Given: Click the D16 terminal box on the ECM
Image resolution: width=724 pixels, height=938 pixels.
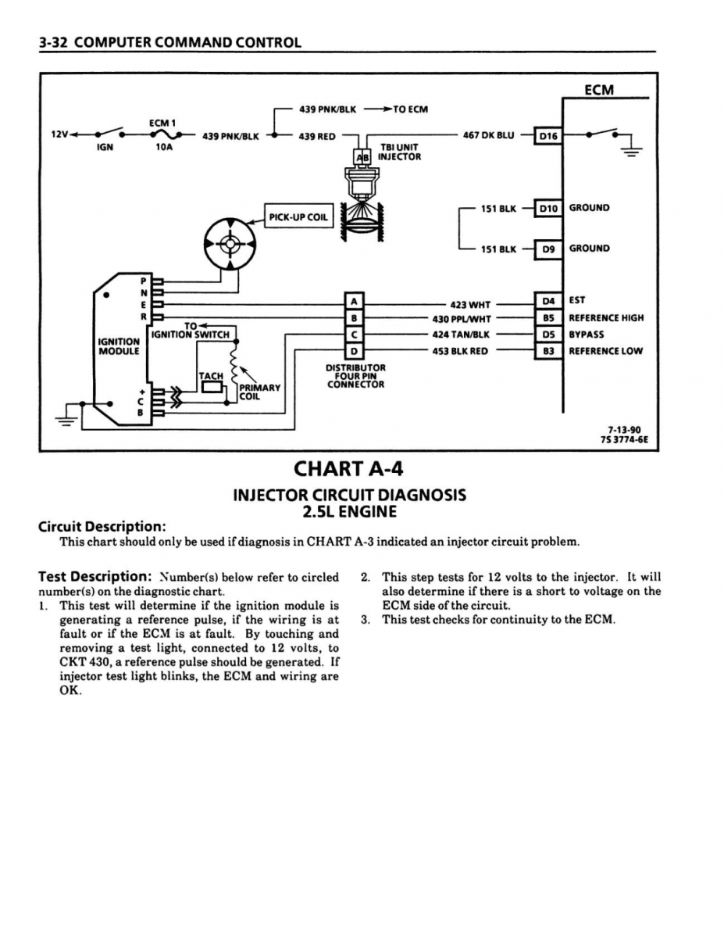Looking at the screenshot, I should coord(548,136).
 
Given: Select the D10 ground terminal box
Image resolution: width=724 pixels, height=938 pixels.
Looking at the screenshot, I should coord(548,208).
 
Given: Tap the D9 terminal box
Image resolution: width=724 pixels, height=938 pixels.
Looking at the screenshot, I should coord(548,249).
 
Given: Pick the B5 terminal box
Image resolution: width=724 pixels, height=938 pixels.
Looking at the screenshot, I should coord(548,318).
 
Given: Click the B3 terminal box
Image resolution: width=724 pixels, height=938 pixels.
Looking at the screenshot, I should coord(548,351).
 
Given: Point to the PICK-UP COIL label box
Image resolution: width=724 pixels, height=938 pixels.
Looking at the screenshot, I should coord(298,217).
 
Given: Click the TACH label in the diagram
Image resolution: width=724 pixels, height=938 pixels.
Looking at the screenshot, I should coord(211,376).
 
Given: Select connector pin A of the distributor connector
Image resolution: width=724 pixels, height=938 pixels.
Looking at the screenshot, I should coord(355,302).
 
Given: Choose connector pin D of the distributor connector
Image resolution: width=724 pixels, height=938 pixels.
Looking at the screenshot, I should coord(355,351).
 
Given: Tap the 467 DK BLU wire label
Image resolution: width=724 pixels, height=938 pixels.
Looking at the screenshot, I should coord(488,135).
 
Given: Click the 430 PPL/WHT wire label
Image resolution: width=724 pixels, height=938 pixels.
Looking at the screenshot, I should coord(462,318).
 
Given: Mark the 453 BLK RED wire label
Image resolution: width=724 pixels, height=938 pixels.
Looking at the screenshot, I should coord(460,351).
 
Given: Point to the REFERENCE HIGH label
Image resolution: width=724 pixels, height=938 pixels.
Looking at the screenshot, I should coord(606,318).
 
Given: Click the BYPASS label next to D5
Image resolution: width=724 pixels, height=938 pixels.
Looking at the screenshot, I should coord(587,335).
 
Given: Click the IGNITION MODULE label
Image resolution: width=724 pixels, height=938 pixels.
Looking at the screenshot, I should coord(119,346).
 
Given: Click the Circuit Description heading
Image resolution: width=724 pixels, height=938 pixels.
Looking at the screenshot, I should coord(102,525).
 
